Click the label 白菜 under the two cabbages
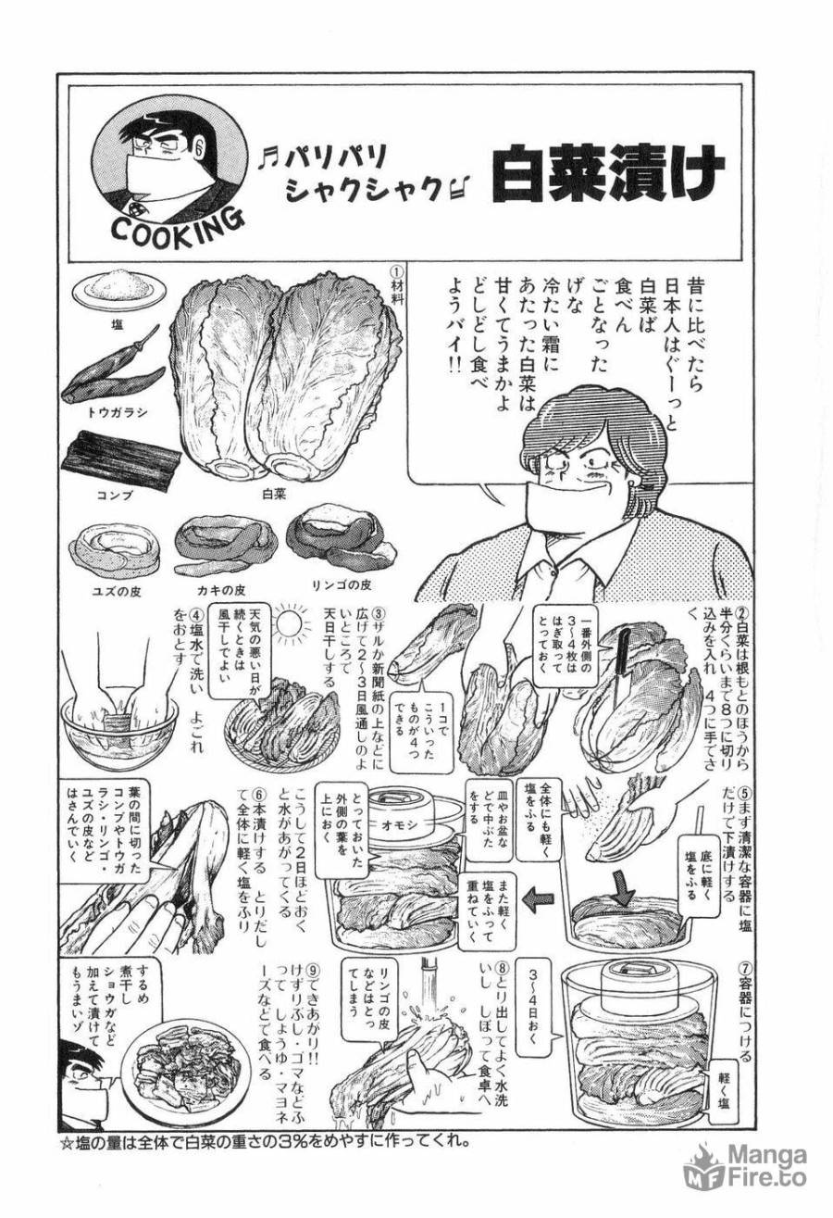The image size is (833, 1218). [274, 494]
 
